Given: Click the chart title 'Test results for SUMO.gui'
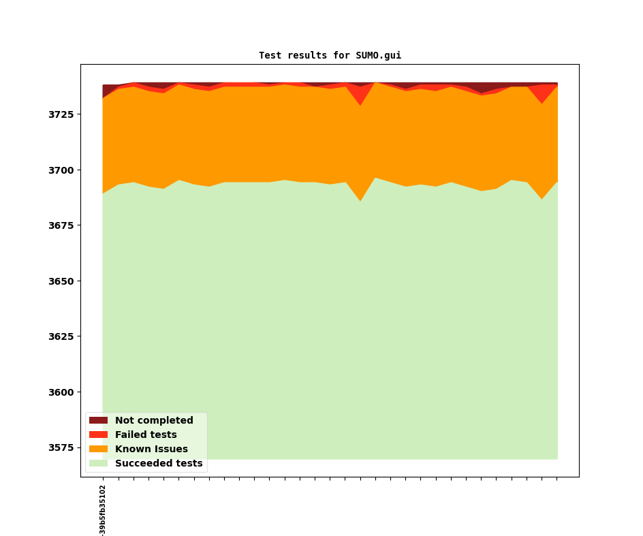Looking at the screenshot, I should (x=330, y=56).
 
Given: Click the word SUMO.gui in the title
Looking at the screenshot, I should (x=378, y=56).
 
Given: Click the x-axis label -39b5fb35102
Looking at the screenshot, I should (x=103, y=510).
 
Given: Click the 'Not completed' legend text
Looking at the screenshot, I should (x=154, y=421).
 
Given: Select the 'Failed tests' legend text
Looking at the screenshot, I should (x=146, y=435).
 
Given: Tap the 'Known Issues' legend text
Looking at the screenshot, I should (x=151, y=450).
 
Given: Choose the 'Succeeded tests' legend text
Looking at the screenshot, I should (x=159, y=464).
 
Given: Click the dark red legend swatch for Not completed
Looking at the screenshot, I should (x=98, y=421).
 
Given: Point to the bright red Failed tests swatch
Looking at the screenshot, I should (x=98, y=435).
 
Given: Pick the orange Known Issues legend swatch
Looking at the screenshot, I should (x=98, y=450).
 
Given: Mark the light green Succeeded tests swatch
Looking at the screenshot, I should (x=98, y=464).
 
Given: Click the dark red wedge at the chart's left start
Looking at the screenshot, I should (x=107, y=90).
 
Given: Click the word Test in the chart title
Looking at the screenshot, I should (x=270, y=56).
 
